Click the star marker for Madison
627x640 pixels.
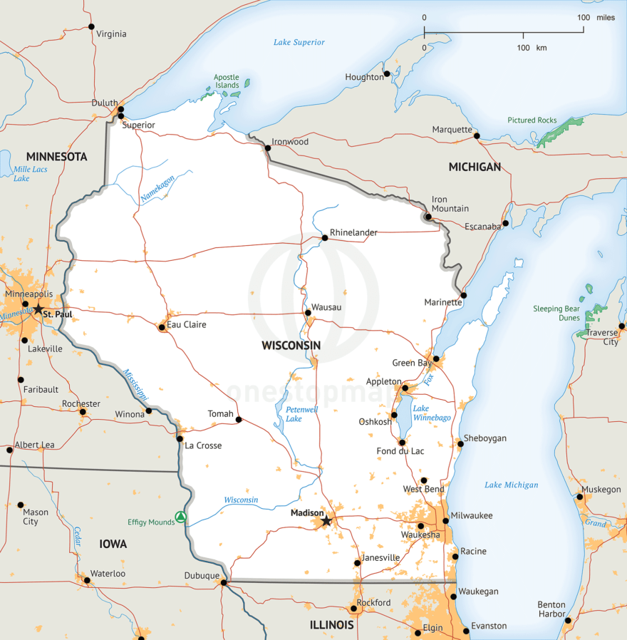tap(326, 521)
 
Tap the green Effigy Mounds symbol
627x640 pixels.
tap(181, 517)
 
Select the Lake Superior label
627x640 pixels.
tap(299, 42)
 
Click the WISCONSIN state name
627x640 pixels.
tap(291, 346)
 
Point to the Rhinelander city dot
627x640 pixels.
tap(324, 237)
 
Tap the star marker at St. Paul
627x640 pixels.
tap(38, 309)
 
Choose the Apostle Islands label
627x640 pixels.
tap(227, 81)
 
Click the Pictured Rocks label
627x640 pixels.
tap(532, 120)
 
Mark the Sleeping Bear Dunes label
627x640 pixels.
tap(556, 314)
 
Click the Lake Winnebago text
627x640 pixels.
tap(432, 413)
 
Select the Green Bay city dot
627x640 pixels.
tap(436, 358)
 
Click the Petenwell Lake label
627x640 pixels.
tap(301, 414)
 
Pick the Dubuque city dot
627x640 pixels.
tap(224, 582)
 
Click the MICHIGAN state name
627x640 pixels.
tap(475, 167)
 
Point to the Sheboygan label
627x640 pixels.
tap(485, 438)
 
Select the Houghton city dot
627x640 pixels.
tap(387, 73)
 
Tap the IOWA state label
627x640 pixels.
tap(113, 544)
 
